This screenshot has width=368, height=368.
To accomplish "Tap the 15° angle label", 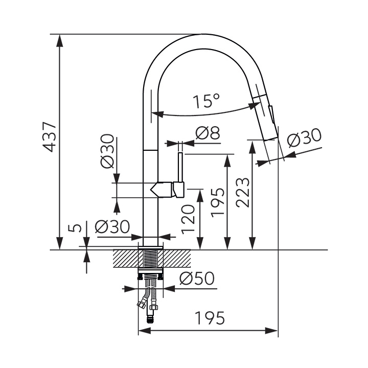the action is click(206, 101).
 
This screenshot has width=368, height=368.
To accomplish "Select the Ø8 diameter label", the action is click(208, 133).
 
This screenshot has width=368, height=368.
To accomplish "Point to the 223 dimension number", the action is click(242, 193).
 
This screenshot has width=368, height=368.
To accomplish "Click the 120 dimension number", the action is click(188, 219).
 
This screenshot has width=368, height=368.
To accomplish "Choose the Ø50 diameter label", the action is click(197, 279).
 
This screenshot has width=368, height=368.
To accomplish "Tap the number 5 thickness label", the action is click(75, 227).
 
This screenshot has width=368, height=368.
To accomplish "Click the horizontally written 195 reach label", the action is click(210, 318).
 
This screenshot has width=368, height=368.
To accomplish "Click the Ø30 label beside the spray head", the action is click(305, 138).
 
